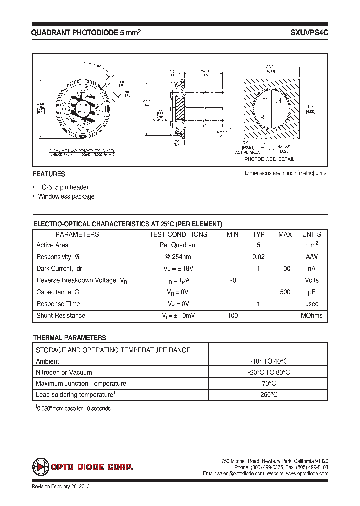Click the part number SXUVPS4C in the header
[x=309, y=32]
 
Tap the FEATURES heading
[x=49, y=174]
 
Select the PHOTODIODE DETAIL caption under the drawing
[x=269, y=160]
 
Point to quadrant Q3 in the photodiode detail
[x=278, y=116]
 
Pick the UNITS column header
[x=311, y=234]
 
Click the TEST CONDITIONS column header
[x=178, y=234]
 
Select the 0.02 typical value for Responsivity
[x=258, y=257]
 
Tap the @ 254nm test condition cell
[x=178, y=257]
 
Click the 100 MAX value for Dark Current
[x=285, y=269]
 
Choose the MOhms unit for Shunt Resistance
[x=311, y=315]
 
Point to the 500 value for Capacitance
[x=285, y=292]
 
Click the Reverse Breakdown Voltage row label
[x=82, y=281]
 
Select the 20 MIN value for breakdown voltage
[x=232, y=280]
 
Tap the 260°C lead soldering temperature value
[x=268, y=395]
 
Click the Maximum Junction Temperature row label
[x=81, y=384]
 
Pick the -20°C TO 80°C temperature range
[x=268, y=372]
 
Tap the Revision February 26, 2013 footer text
[x=61, y=487]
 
